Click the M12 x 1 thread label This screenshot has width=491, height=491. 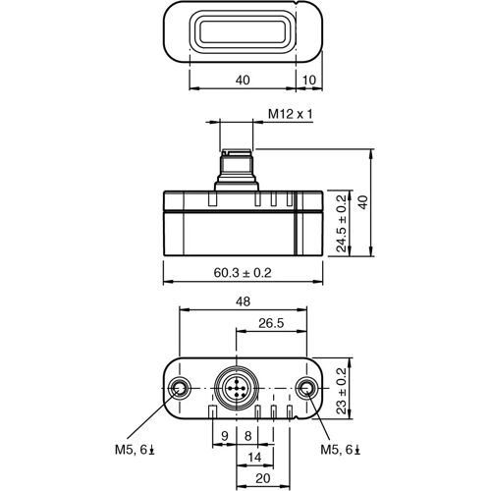(291, 114)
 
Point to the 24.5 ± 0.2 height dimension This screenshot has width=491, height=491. (341, 222)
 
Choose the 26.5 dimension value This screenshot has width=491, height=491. (271, 323)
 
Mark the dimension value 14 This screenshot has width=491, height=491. (253, 457)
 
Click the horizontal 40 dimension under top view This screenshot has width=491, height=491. (243, 80)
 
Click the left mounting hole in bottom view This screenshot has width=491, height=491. (179, 389)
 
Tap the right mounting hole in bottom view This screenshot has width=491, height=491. (306, 389)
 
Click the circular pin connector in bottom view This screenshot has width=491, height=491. (236, 389)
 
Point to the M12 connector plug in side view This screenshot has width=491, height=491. (236, 168)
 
